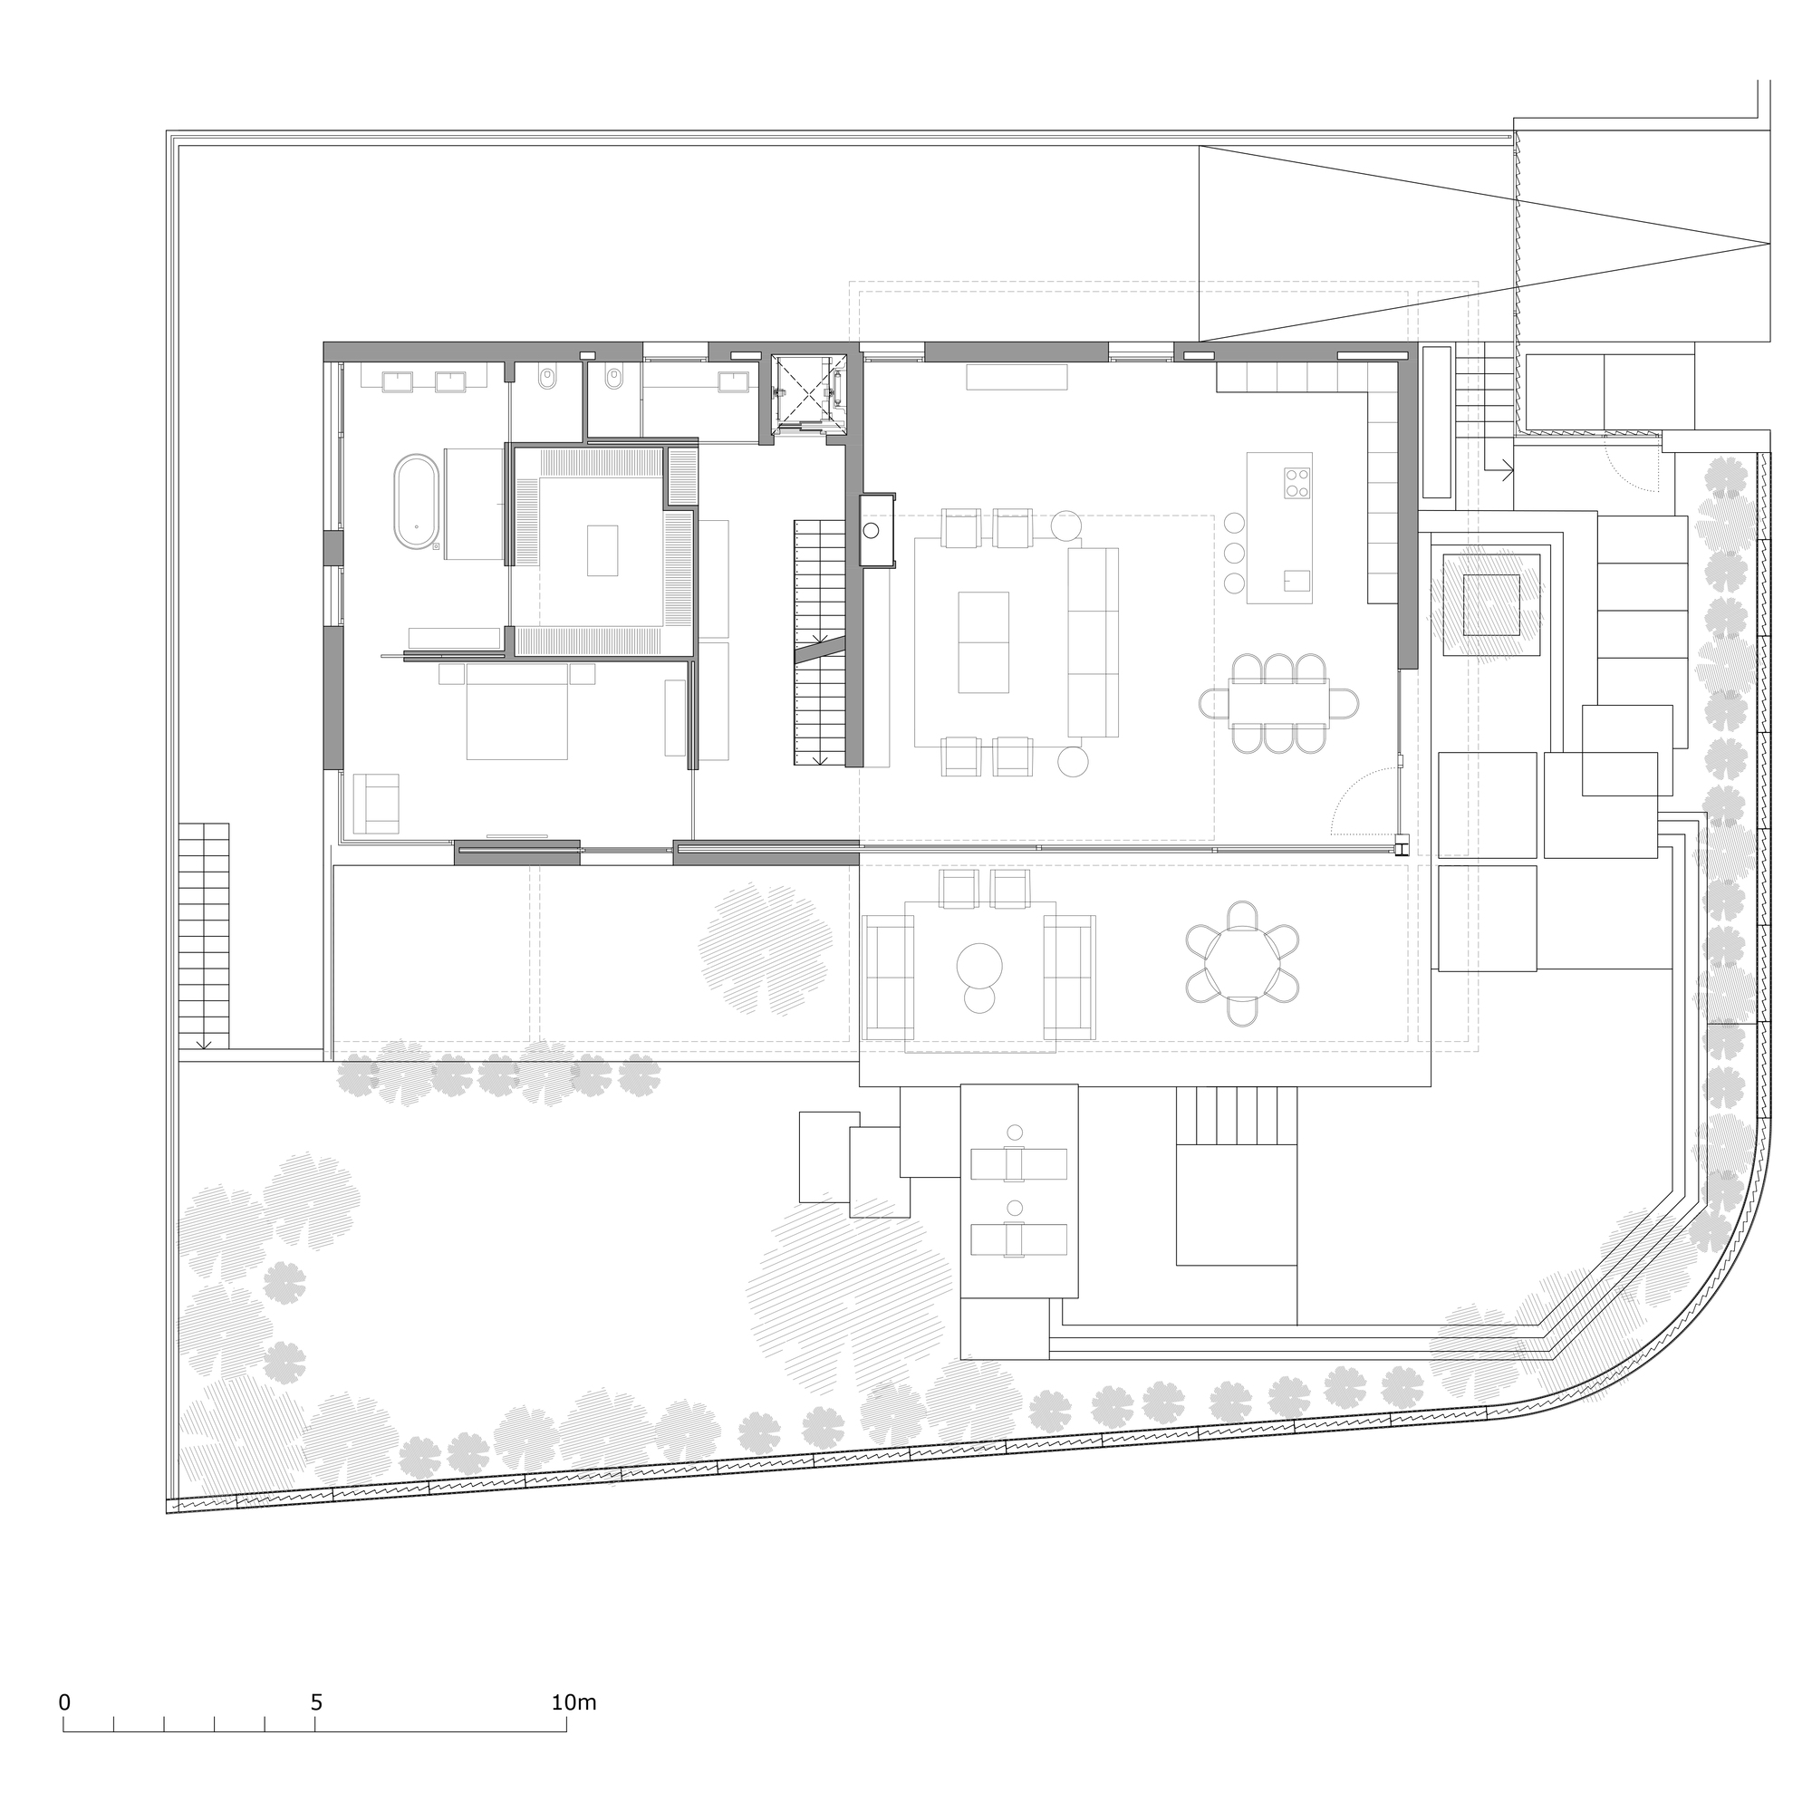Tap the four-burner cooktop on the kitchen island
click(1298, 483)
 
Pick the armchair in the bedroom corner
click(375, 804)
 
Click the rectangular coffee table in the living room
click(984, 642)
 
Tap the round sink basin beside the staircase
click(872, 531)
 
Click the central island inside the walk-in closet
click(603, 551)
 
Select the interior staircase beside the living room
click(819, 642)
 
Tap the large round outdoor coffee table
click(979, 965)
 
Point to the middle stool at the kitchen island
click(1234, 552)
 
